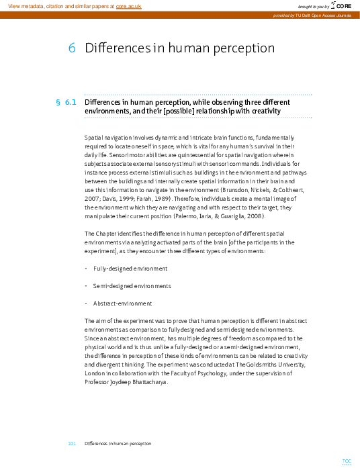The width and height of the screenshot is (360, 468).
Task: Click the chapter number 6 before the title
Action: tap(71, 48)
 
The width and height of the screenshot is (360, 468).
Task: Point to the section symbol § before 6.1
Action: tap(58, 102)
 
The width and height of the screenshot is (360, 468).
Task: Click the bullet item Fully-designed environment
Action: tap(130, 269)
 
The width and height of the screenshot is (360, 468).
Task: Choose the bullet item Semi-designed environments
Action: tap(132, 286)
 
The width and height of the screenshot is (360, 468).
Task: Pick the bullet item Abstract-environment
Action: tap(122, 303)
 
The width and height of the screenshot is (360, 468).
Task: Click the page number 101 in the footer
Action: tap(72, 444)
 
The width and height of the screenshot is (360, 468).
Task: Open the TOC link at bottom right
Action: tap(347, 461)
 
